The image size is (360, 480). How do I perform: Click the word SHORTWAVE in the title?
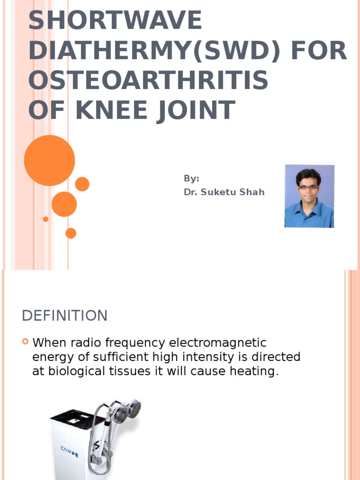coord(115,22)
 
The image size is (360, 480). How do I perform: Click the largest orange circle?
coord(49,160)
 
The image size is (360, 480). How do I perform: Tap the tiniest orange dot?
coord(45,219)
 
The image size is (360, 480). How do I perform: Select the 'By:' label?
coord(191,179)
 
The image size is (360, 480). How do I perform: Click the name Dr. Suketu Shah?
coord(224,192)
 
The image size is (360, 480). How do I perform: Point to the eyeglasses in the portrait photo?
coord(308,187)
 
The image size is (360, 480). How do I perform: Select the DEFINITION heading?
coord(65,316)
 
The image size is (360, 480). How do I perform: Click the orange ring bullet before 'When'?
coord(26,342)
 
